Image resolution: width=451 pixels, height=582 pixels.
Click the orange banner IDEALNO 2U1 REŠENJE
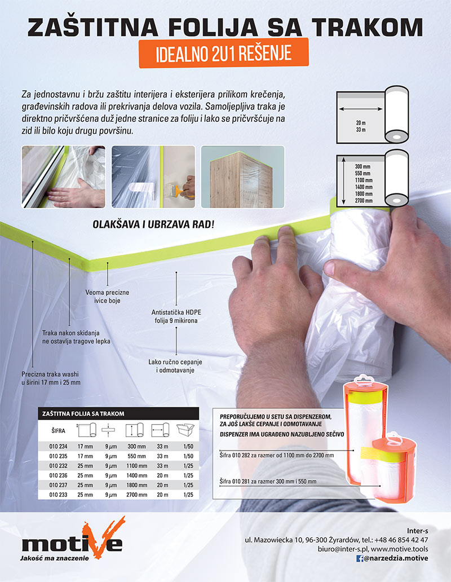[224, 53]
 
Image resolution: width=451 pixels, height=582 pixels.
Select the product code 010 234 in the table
[58, 447]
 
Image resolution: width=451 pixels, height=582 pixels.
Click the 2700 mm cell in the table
[136, 495]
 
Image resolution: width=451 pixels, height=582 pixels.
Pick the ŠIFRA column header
[58, 430]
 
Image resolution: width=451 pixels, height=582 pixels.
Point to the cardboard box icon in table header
[185, 430]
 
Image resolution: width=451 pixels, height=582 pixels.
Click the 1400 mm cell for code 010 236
[136, 475]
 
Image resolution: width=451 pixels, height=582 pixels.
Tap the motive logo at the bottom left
[73, 539]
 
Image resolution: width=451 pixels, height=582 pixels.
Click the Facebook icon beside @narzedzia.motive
[360, 558]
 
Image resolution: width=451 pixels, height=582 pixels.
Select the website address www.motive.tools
[400, 549]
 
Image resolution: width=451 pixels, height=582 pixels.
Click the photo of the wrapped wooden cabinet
[242, 177]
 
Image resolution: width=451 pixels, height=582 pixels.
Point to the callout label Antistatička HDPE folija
[176, 316]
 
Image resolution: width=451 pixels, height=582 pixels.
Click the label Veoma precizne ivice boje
[107, 296]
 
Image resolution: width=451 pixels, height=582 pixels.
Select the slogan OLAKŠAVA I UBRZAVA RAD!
[153, 224]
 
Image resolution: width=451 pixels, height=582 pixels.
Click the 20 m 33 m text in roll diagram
[361, 126]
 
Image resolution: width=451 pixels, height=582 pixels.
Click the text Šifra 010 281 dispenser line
[268, 482]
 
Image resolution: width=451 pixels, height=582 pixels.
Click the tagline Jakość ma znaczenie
[55, 558]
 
